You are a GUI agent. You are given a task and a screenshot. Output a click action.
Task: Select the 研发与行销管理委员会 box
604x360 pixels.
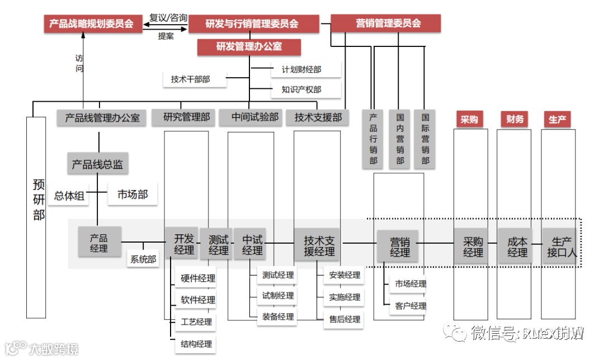tap(253, 23)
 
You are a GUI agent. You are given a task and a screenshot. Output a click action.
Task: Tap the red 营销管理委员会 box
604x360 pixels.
tap(386, 23)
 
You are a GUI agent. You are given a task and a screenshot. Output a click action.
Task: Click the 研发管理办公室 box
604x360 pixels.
tap(249, 47)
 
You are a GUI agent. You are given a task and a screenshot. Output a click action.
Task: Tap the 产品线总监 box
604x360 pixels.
tap(98, 164)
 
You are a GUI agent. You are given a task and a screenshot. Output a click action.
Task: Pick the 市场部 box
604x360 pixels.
tap(133, 195)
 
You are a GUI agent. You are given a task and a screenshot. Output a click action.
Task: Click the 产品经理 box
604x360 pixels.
tap(99, 243)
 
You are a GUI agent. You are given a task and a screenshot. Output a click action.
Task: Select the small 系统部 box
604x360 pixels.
tap(143, 259)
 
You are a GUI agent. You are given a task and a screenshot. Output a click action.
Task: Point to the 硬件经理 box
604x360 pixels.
tap(196, 278)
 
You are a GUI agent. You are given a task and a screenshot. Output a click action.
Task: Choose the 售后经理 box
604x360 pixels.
tap(344, 319)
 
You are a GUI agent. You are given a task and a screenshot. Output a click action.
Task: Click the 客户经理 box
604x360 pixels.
tap(409, 306)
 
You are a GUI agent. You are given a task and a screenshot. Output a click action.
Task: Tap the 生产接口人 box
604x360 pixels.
tap(561, 247)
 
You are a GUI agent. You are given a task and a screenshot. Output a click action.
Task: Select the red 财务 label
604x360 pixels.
tap(515, 119)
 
